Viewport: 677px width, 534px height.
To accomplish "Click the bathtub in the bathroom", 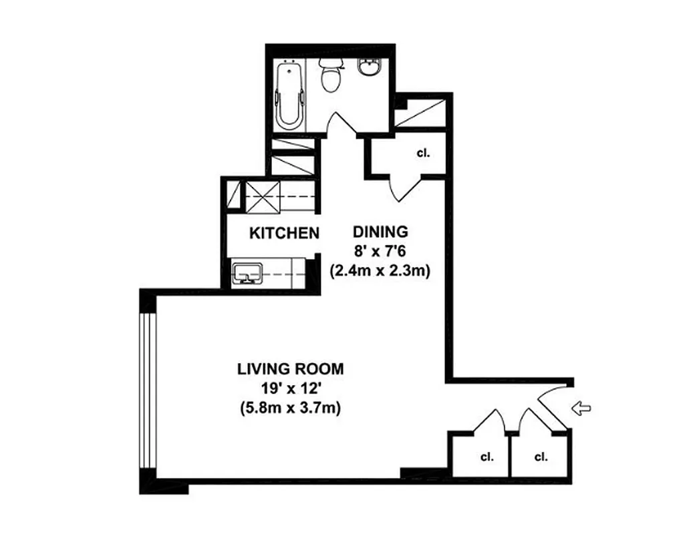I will click(x=289, y=95).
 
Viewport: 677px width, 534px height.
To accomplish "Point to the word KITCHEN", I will click(x=283, y=233).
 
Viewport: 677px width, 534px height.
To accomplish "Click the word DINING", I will click(x=380, y=232).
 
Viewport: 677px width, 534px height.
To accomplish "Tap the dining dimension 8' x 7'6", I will click(x=380, y=252).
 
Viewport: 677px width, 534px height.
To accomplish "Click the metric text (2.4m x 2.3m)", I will click(x=380, y=271).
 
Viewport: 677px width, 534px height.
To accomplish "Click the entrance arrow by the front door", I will click(x=582, y=408).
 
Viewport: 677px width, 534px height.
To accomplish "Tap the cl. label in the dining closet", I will click(x=422, y=153).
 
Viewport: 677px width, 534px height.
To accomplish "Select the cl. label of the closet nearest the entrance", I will click(x=541, y=457).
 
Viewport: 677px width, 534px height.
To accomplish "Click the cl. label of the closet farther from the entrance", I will click(x=486, y=457).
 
